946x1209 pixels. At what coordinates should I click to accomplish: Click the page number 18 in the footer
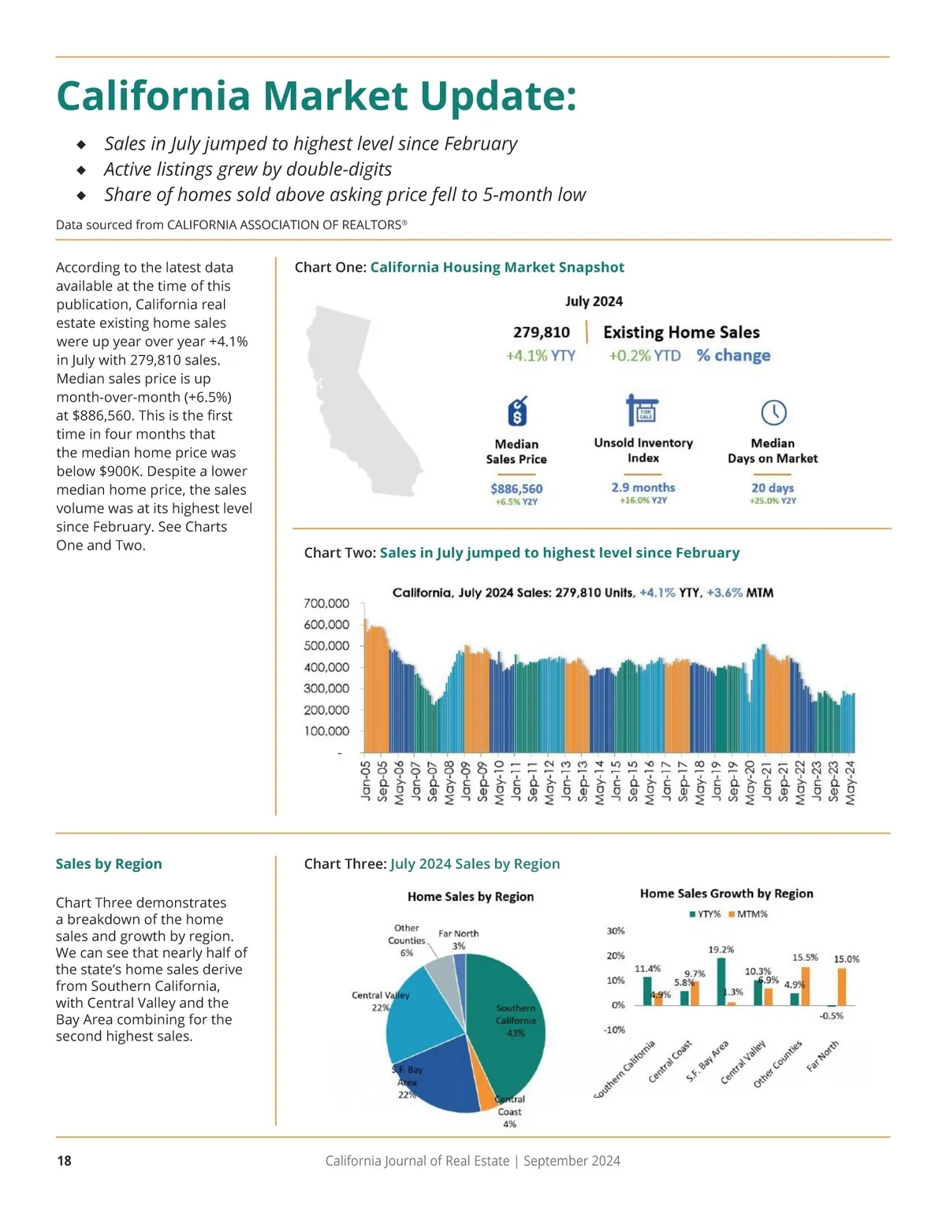click(65, 1160)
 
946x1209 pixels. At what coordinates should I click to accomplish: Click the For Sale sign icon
click(642, 410)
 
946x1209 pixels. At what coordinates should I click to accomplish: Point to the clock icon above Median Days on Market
click(773, 412)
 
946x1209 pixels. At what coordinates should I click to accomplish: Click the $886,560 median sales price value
click(516, 488)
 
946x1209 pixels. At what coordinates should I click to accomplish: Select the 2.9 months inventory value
click(643, 488)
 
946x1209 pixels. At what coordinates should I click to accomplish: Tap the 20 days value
click(773, 488)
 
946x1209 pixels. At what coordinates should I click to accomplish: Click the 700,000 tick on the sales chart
click(326, 603)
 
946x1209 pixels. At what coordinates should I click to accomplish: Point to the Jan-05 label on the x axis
click(366, 781)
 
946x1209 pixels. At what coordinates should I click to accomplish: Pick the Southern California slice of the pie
click(508, 1016)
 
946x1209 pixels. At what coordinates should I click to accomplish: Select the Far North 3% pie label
click(458, 939)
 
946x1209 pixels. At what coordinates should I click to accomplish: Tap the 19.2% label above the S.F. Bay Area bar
click(721, 950)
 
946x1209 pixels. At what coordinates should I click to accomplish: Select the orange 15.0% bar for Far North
click(842, 987)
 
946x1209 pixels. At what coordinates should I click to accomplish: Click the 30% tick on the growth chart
click(616, 931)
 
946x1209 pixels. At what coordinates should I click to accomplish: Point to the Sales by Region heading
click(109, 864)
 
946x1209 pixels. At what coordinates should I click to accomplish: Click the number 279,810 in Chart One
click(541, 332)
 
